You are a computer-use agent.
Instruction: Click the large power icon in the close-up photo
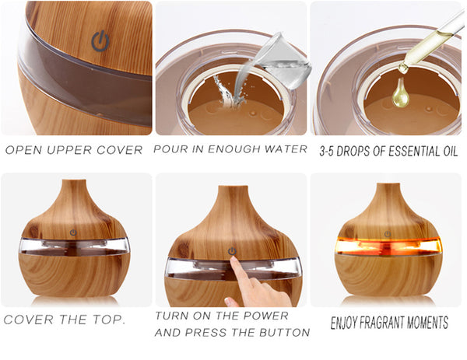click(x=100, y=40)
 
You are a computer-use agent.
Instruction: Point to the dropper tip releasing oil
click(x=403, y=69)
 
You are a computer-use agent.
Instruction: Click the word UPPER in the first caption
click(x=68, y=150)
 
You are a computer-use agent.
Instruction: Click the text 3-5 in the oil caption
click(x=327, y=151)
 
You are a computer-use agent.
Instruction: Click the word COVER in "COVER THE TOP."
click(x=29, y=320)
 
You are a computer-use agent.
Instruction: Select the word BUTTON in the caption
click(x=284, y=332)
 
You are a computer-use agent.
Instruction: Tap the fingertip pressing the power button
click(x=233, y=259)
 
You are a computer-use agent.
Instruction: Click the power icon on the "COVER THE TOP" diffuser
click(x=73, y=232)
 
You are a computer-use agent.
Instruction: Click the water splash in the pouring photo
click(x=227, y=93)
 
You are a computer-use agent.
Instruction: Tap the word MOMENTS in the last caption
click(x=427, y=323)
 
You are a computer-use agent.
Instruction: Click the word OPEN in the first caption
click(x=23, y=150)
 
